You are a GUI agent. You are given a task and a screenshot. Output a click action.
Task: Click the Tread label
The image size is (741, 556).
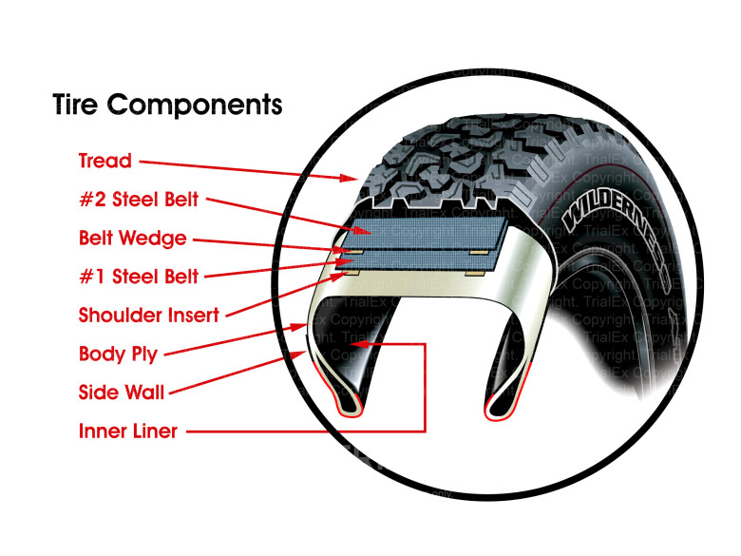click(x=105, y=161)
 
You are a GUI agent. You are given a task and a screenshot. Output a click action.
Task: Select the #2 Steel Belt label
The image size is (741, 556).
click(x=140, y=201)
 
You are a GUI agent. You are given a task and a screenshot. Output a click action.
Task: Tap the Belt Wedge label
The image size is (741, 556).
click(x=132, y=239)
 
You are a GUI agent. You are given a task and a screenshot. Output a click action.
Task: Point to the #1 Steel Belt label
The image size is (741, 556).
click(x=140, y=277)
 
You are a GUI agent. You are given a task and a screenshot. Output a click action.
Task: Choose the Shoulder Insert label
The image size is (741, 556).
click(x=148, y=315)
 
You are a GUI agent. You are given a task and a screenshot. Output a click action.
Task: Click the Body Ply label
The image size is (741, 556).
click(x=118, y=355)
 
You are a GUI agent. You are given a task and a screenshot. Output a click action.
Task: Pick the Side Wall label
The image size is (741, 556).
click(x=122, y=393)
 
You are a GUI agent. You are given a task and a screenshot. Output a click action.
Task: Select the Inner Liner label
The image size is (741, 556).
click(x=127, y=431)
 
